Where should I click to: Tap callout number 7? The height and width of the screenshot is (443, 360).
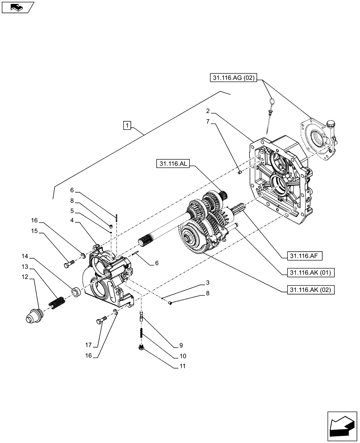coord(207,120)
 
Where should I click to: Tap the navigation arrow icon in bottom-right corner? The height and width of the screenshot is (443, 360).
coord(342,425)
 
